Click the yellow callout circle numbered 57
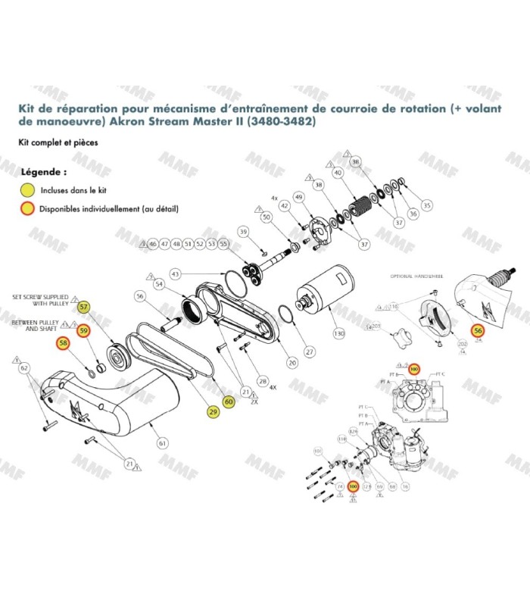point(84,308)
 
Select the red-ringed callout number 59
point(84,330)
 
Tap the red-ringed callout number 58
point(62,345)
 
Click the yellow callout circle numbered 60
point(229,401)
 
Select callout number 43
point(175,273)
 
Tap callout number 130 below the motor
point(338,333)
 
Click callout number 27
point(309,351)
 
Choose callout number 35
point(426,205)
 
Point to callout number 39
point(243,231)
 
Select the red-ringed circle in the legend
point(28,208)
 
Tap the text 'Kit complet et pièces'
point(58,142)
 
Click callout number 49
point(299,198)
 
